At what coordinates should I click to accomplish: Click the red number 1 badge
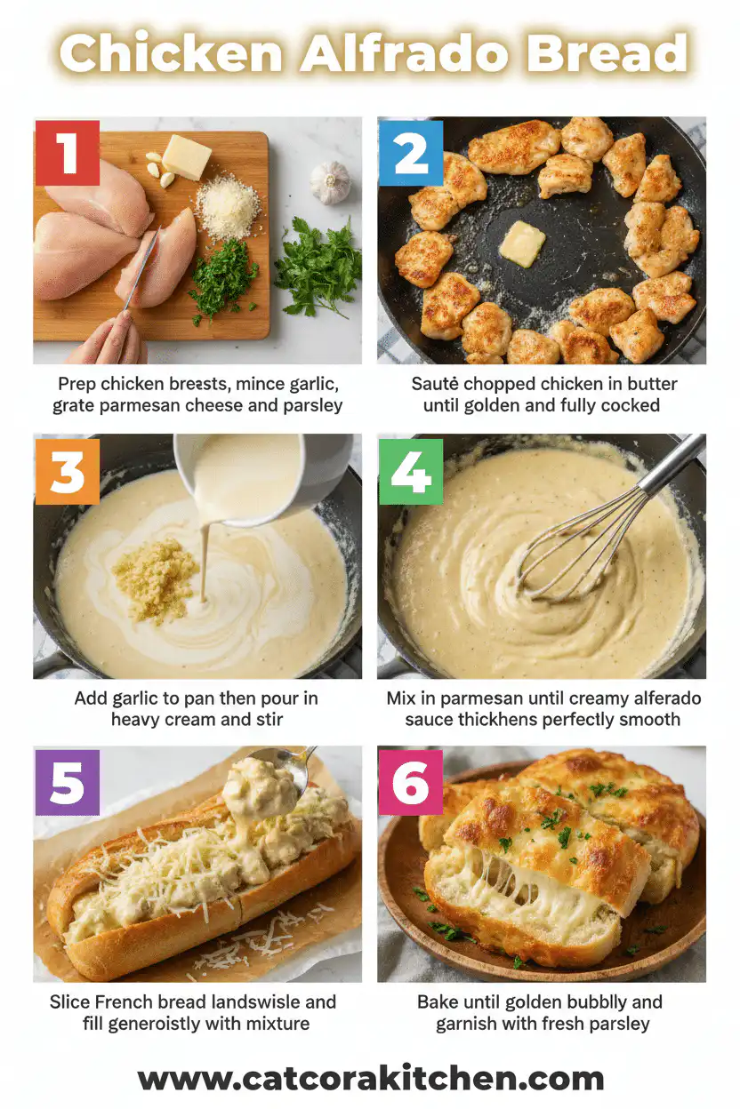pyautogui.click(x=67, y=153)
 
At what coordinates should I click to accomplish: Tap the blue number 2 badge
pyautogui.click(x=410, y=153)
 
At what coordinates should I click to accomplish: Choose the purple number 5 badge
pyautogui.click(x=67, y=783)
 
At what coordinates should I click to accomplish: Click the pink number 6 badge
pyautogui.click(x=410, y=783)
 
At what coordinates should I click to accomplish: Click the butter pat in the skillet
pyautogui.click(x=521, y=243)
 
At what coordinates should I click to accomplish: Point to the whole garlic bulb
pyautogui.click(x=330, y=182)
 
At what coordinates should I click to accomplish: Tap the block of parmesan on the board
pyautogui.click(x=187, y=157)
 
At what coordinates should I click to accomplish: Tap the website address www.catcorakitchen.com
pyautogui.click(x=370, y=1079)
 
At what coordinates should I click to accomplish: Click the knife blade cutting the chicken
pyautogui.click(x=142, y=267)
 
